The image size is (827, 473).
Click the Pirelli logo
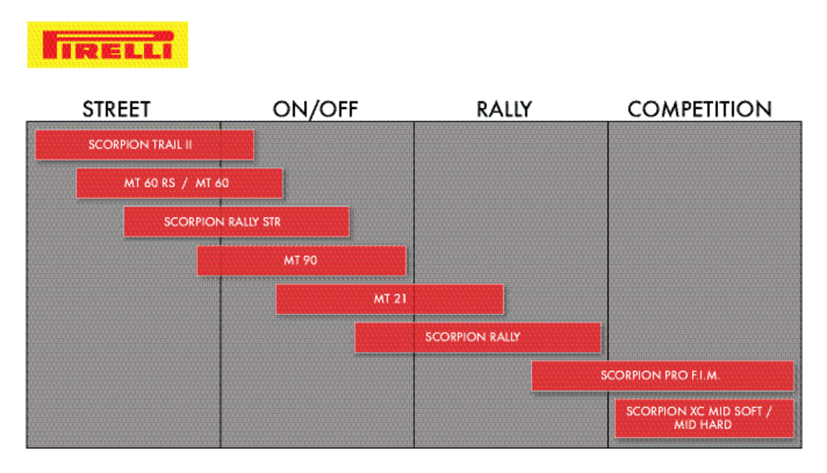pos(108,45)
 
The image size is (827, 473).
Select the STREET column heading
pos(116,110)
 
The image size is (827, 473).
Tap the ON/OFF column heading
pos(316,110)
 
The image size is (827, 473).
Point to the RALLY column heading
pos(504,110)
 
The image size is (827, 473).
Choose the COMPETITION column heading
pos(700,110)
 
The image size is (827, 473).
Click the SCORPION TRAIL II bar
pos(145,145)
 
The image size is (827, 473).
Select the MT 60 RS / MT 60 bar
pos(179,183)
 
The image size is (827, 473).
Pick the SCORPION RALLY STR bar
pos(236,221)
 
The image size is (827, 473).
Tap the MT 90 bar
pos(302,261)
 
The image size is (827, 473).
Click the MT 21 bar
pos(390,299)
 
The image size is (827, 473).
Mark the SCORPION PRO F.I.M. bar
pos(662,376)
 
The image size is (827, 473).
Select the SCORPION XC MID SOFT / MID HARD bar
pos(704,418)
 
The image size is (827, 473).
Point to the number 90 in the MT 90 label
pos(311,261)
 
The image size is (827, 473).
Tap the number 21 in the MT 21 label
pos(399,299)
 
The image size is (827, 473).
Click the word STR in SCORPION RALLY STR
pos(272,222)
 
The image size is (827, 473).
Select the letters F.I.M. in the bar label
pos(705,376)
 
